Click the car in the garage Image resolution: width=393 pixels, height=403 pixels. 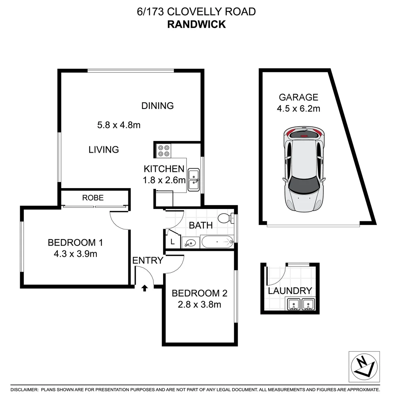(x=303, y=169)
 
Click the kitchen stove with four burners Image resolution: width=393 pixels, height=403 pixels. (x=163, y=150)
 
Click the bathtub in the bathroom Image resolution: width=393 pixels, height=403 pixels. (x=217, y=242)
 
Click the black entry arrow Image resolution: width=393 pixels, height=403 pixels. (x=145, y=288)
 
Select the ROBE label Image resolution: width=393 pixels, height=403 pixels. (x=93, y=198)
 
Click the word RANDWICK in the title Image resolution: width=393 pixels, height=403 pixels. (x=196, y=24)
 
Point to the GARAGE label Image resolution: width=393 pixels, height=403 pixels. (x=299, y=97)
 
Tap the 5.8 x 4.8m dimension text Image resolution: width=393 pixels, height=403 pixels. (x=119, y=125)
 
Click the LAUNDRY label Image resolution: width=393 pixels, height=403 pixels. (x=290, y=291)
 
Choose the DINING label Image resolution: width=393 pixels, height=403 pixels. (x=157, y=106)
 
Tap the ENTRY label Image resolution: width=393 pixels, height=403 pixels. (x=148, y=260)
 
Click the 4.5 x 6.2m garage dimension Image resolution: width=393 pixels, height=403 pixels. (x=299, y=109)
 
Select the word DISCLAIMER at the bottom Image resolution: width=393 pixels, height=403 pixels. (x=24, y=390)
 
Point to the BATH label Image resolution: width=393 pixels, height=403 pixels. (x=201, y=225)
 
